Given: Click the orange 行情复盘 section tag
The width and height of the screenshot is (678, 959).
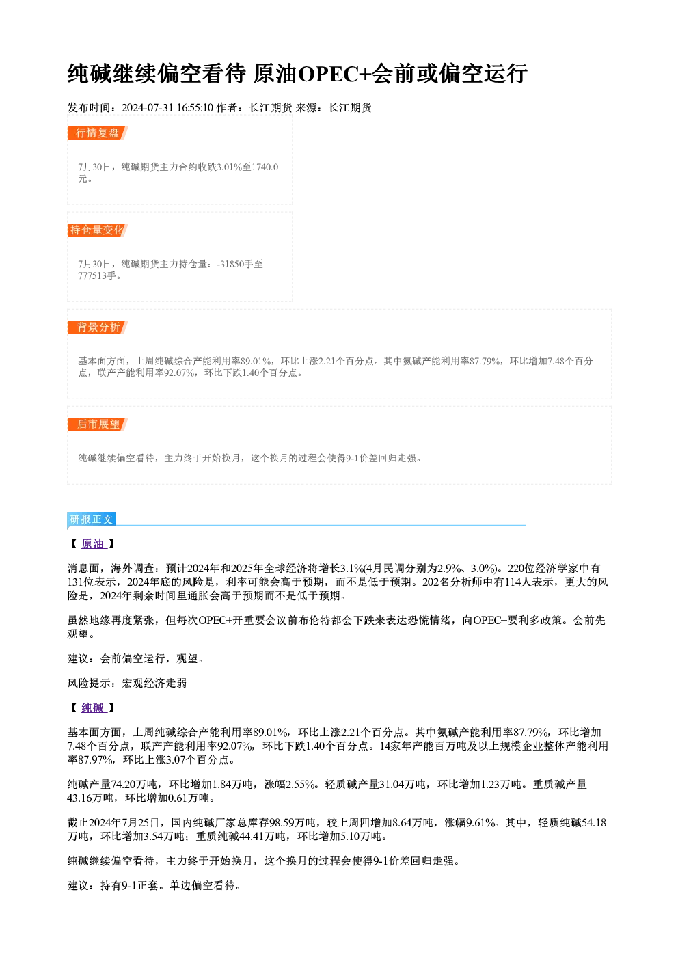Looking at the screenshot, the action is [98, 133].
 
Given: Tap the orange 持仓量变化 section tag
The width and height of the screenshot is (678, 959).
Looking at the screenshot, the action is [98, 230].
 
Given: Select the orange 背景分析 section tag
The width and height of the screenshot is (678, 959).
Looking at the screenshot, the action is [98, 327].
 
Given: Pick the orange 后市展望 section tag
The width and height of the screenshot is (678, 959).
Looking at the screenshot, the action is [98, 424].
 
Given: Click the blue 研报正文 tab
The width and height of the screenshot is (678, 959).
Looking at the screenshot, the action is [92, 519].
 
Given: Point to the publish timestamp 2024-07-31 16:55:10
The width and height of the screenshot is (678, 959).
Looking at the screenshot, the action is [167, 108].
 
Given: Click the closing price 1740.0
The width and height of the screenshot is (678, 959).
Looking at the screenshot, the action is [265, 167].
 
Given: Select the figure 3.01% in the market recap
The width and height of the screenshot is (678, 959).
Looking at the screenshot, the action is [230, 167].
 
